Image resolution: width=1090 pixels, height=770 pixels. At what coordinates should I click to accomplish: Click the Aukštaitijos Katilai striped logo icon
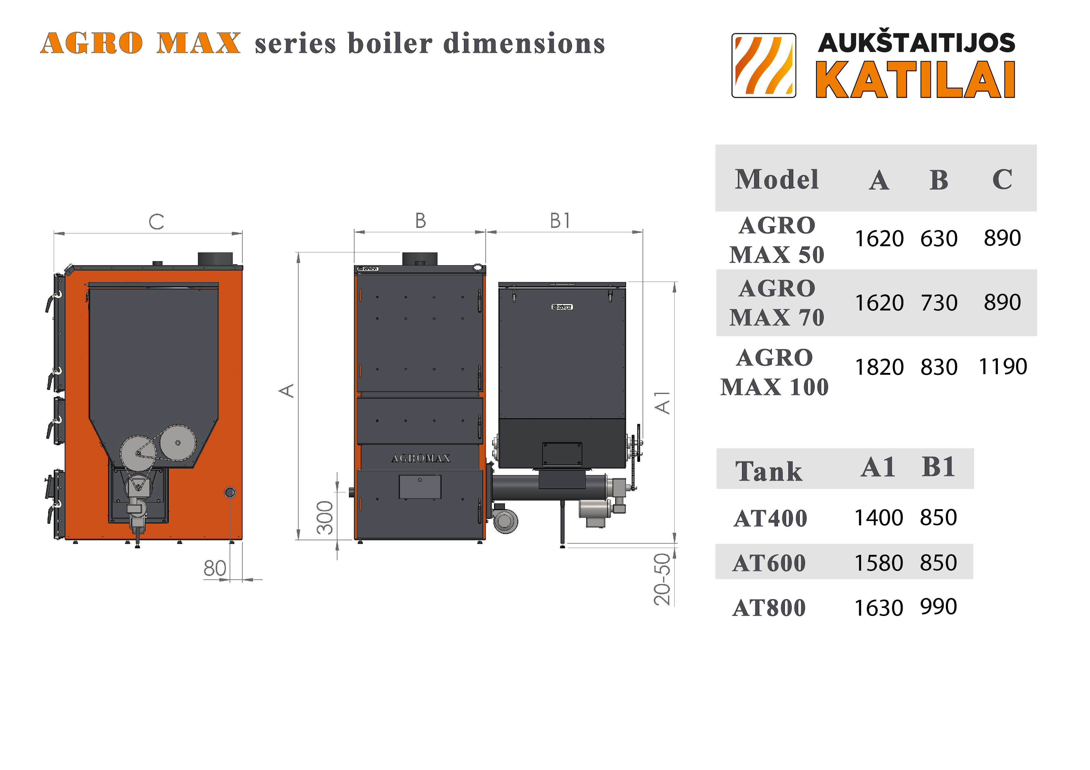point(763,66)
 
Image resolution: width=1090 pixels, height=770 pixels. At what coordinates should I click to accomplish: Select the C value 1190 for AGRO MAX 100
point(1003,366)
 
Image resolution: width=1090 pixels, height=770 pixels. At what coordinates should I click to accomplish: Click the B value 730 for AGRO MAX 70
point(939,303)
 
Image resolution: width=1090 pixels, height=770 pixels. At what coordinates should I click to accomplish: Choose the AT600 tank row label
point(769,563)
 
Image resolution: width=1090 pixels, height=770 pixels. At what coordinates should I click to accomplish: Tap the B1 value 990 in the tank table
point(938,607)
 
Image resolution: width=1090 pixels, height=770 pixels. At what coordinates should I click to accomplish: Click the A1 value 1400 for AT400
point(879,518)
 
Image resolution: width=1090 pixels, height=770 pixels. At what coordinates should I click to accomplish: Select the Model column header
point(777,179)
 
